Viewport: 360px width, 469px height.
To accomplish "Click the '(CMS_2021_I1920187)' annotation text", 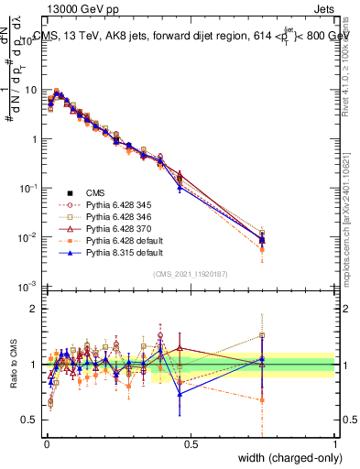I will point(191,273).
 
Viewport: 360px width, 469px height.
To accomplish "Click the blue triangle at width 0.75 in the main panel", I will point(262,240).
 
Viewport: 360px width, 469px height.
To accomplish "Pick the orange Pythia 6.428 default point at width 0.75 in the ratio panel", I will point(262,399).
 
